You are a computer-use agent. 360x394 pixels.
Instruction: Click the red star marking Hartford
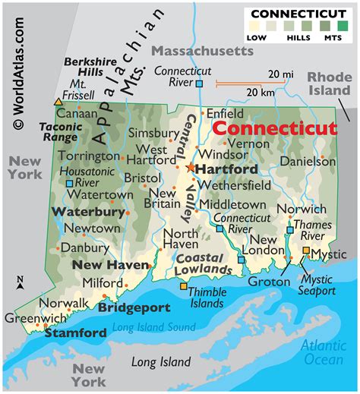(x=190, y=167)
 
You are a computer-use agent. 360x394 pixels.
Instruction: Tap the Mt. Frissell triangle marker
(x=58, y=101)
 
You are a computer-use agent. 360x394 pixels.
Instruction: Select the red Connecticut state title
(x=273, y=128)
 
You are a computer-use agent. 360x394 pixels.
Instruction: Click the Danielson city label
(x=308, y=162)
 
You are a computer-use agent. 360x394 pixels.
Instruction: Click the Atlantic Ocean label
(x=323, y=351)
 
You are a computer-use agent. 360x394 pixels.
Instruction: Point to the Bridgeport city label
(x=134, y=308)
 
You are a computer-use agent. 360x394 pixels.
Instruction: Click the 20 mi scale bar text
(x=279, y=74)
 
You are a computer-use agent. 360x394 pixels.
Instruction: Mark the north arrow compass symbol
(x=20, y=283)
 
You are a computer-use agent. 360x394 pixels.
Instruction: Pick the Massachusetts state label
(x=201, y=50)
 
